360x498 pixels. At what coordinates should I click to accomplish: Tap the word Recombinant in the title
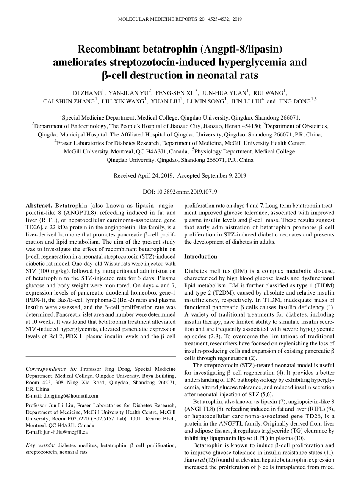pos(113,50)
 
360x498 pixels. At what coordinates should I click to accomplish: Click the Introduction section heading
pos(201,256)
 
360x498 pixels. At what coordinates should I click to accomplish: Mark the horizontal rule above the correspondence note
pos(101,357)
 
